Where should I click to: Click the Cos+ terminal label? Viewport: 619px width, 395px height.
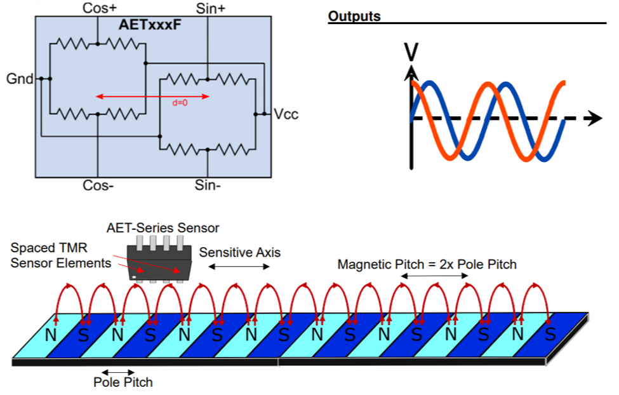[x=99, y=8]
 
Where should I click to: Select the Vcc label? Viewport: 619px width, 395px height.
[x=286, y=115]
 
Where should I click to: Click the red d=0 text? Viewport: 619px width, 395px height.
[x=180, y=103]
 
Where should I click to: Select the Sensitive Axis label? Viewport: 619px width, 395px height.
[x=239, y=252]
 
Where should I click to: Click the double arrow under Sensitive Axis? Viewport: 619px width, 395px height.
[x=239, y=267]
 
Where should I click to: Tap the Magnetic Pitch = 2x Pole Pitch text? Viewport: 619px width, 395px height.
[x=427, y=264]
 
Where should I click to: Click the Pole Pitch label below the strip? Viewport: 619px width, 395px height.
[x=123, y=382]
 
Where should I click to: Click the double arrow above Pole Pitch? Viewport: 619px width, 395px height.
[x=118, y=372]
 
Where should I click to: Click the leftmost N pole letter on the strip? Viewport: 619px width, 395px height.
[x=50, y=334]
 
